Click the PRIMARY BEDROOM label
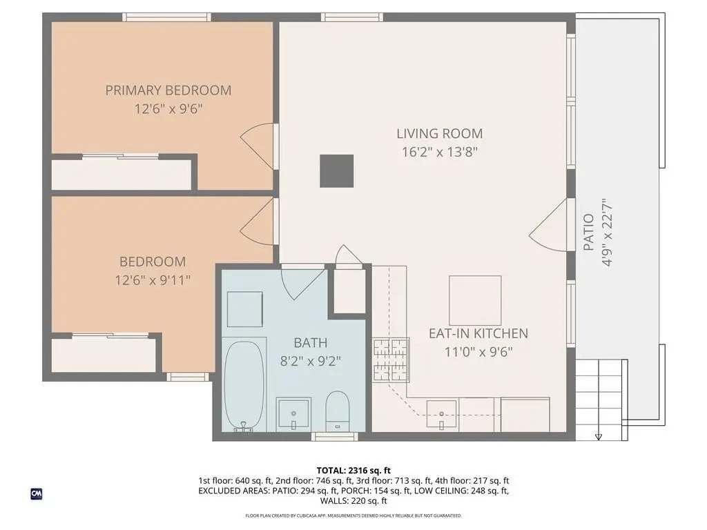168,90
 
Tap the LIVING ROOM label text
440,133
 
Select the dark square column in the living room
336,171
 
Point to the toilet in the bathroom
337,411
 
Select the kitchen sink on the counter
441,414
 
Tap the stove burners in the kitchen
391,360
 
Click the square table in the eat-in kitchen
475,301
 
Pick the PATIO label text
588,233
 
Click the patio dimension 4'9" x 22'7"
607,233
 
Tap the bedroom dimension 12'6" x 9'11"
153,280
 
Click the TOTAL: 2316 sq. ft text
353,471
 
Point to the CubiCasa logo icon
37,493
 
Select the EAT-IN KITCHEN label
478,333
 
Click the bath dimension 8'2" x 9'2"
310,362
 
